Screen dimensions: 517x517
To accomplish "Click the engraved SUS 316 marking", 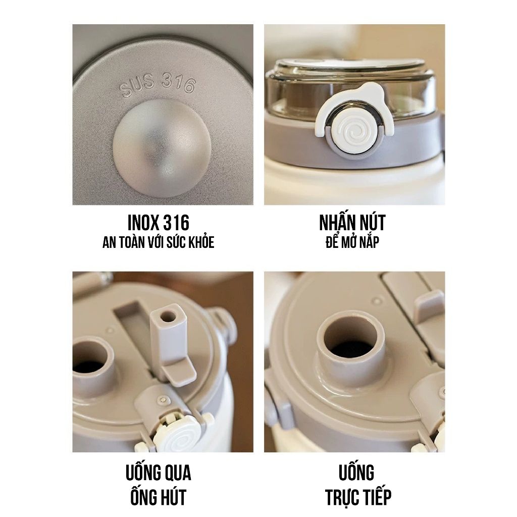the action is (x=158, y=85).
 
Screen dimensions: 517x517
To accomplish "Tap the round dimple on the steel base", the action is (x=162, y=147).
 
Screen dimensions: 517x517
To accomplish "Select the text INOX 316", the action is (x=158, y=223).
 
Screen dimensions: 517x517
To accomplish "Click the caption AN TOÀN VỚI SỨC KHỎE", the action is (x=158, y=242).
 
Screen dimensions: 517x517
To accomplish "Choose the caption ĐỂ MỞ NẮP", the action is (x=352, y=242).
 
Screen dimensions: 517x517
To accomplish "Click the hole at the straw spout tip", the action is (x=168, y=317).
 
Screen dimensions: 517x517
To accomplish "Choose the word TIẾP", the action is (x=378, y=496).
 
